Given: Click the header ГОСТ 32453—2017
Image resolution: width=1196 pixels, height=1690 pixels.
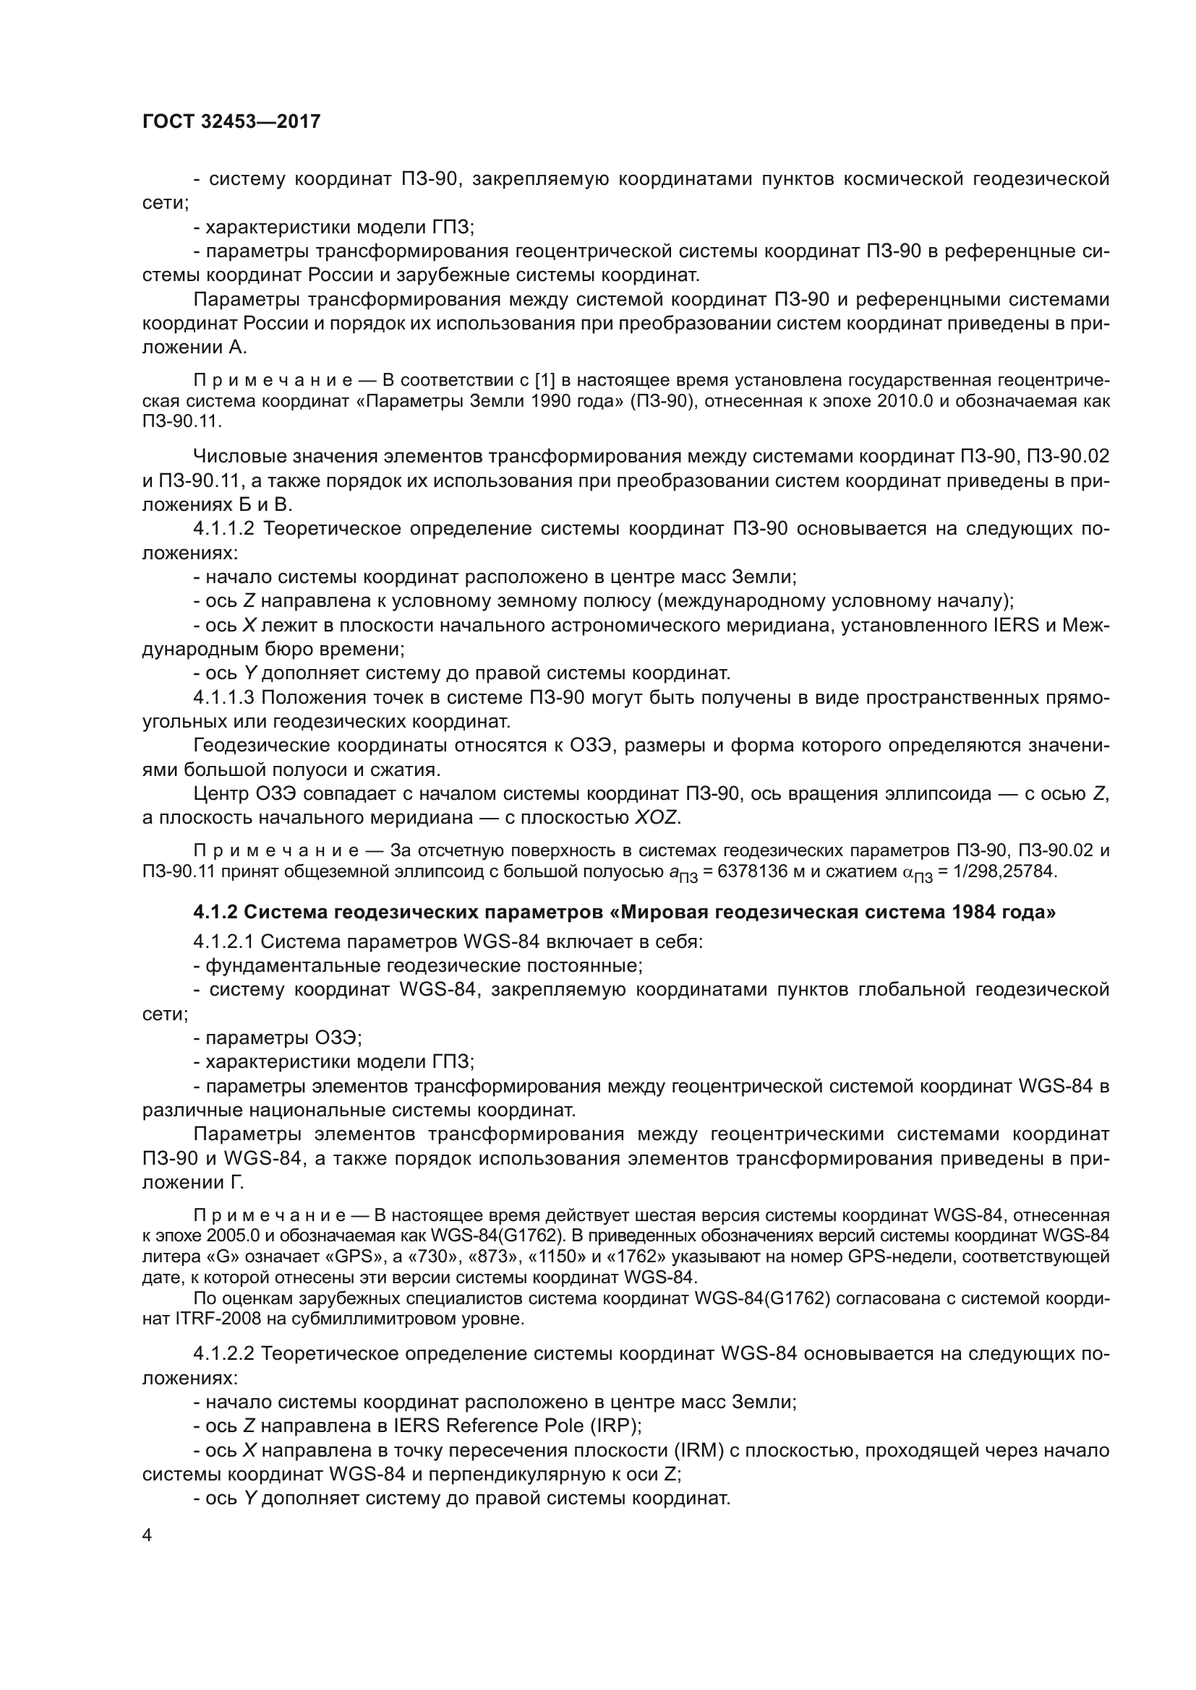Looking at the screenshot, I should click(x=231, y=121).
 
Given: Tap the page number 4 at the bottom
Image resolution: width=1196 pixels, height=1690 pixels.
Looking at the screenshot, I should click(x=148, y=1535).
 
